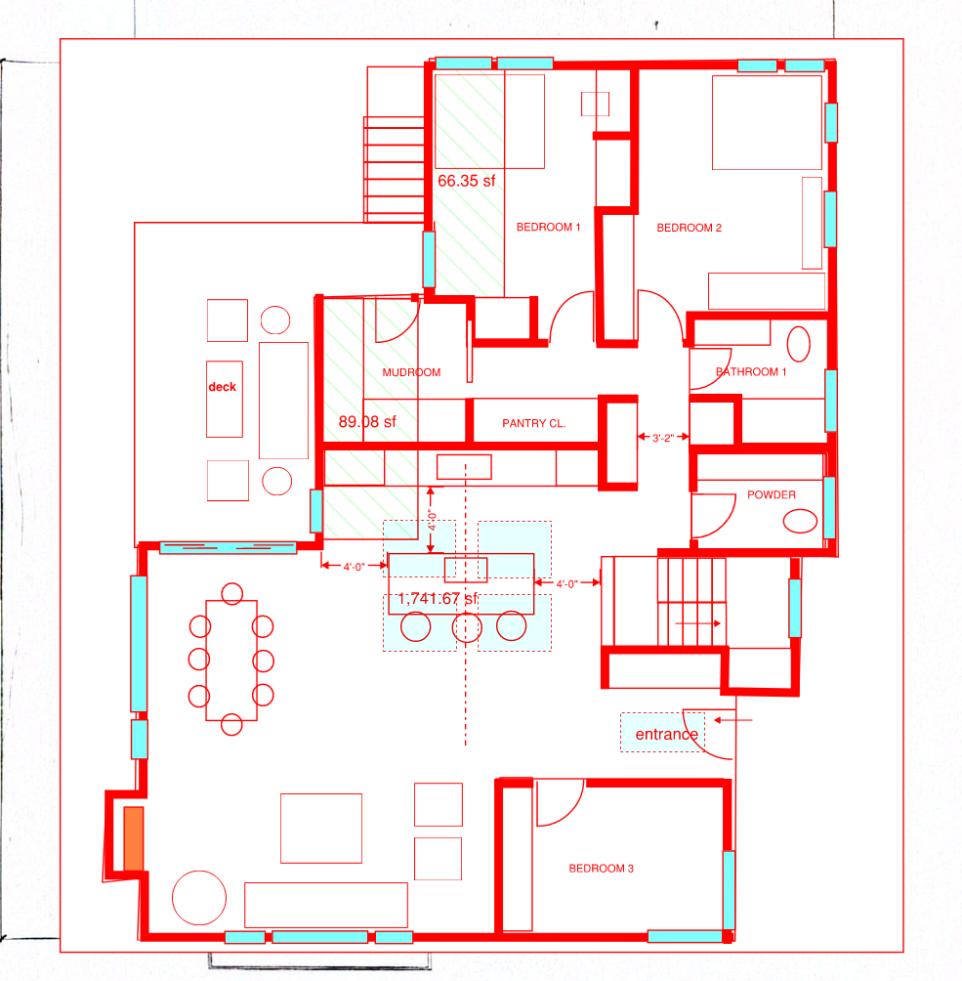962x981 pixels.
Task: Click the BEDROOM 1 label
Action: click(548, 227)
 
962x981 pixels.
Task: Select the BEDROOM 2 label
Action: click(689, 228)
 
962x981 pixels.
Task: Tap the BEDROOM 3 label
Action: click(601, 869)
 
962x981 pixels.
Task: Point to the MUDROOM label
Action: click(411, 372)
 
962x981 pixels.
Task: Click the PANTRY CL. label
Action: click(533, 423)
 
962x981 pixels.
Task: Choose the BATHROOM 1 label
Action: click(751, 371)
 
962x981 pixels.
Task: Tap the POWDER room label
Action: click(772, 494)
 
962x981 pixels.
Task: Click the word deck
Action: click(222, 387)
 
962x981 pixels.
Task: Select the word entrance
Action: click(667, 734)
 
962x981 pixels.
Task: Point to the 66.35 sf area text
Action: click(466, 181)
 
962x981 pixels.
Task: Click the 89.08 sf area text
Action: click(367, 422)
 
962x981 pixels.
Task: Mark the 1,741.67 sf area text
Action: click(438, 599)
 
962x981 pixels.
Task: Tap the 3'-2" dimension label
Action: click(663, 438)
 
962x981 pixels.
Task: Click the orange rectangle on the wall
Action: click(134, 838)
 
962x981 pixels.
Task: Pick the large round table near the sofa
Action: click(199, 898)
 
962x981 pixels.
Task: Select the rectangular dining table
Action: click(231, 661)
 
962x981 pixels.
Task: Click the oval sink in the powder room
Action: click(800, 521)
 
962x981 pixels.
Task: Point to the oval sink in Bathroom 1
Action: click(798, 344)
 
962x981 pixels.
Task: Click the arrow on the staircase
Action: click(698, 623)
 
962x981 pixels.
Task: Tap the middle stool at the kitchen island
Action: click(467, 627)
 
